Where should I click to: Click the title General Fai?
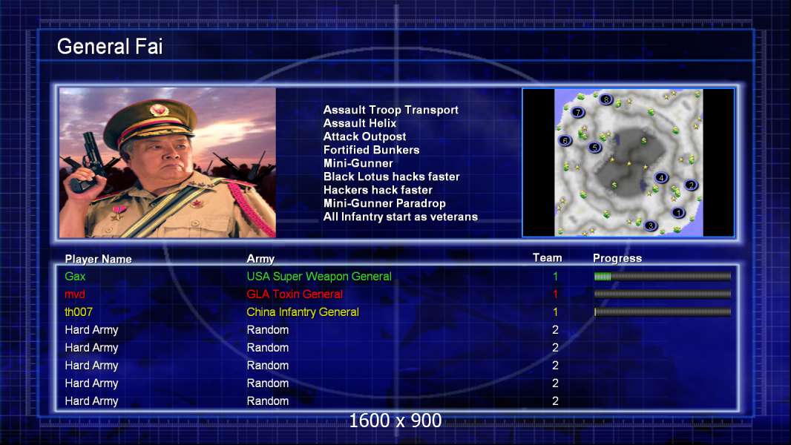110,47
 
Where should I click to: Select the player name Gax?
75,276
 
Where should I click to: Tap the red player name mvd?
75,294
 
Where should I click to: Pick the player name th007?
78,312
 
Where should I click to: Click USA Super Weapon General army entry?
319,276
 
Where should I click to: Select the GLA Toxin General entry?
294,294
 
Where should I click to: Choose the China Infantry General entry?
303,312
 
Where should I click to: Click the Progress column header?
617,259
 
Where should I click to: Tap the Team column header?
547,257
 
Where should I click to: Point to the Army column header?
260,259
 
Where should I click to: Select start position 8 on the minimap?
605,99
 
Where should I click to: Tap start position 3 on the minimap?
651,225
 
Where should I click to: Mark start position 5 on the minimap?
595,147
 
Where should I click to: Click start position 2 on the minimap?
691,185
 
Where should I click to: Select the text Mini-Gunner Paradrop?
384,204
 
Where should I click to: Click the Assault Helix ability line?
360,123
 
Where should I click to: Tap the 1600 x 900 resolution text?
395,421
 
